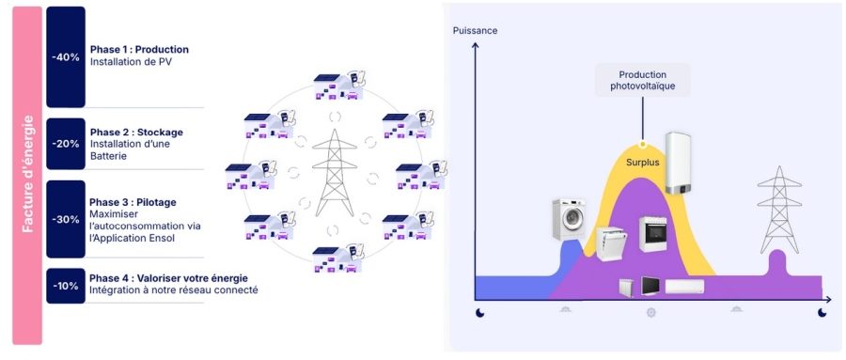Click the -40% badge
coord(65,56)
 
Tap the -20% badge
coord(65,144)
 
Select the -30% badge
coord(65,219)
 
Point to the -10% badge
coord(65,285)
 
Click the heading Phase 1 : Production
coord(139,49)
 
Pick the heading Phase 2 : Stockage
coord(136,132)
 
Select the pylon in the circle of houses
coord(334,173)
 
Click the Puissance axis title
coord(475,31)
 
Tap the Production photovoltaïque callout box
coord(641,80)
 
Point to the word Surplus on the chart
coord(644,162)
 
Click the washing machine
coord(570,222)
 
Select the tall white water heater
coord(678,163)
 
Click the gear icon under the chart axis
coord(650,311)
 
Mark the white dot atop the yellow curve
coord(642,145)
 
